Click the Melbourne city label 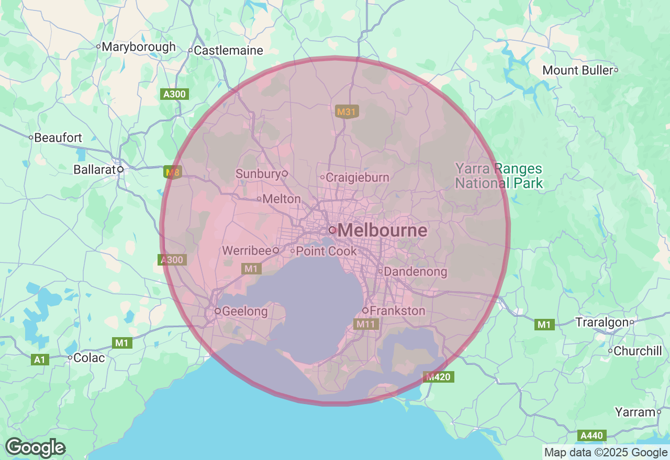(382, 230)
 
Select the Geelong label (244, 312)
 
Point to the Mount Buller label (577, 70)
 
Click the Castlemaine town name (228, 51)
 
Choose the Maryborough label (139, 47)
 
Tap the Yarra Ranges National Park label (498, 176)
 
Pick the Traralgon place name (601, 322)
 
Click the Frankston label (397, 310)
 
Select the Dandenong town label (416, 272)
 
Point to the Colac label (90, 358)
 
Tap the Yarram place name (635, 412)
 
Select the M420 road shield (439, 377)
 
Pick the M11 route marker (366, 324)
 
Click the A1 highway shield (39, 359)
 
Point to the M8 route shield (172, 172)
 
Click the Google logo (35, 448)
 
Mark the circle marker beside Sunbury (285, 173)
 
